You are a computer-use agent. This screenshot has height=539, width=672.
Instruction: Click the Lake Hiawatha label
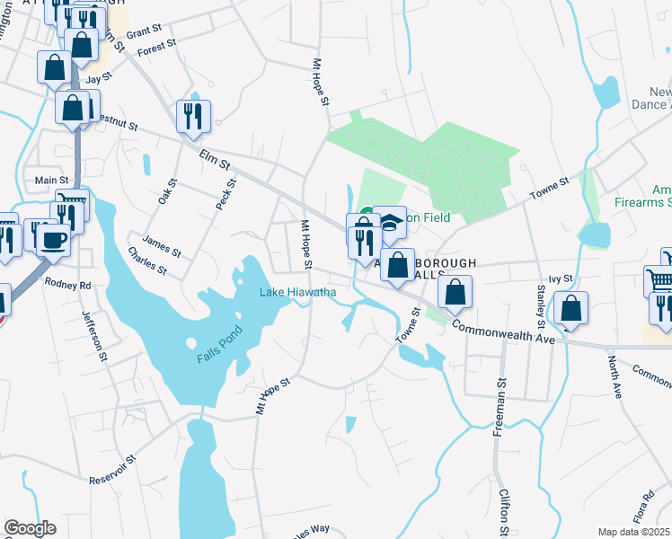(298, 292)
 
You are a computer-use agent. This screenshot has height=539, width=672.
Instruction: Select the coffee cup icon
(53, 239)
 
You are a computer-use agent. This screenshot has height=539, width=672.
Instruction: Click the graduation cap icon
(390, 220)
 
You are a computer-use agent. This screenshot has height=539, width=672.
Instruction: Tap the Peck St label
(225, 195)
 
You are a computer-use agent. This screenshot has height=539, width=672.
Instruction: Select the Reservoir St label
(111, 470)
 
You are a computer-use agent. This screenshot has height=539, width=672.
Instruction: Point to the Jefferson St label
(94, 336)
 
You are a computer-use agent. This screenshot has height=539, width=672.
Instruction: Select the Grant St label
(142, 33)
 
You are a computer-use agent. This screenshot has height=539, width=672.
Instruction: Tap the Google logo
(30, 528)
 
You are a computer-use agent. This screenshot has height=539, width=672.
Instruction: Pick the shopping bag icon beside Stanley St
(570, 308)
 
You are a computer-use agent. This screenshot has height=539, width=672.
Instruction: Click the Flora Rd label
(644, 508)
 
